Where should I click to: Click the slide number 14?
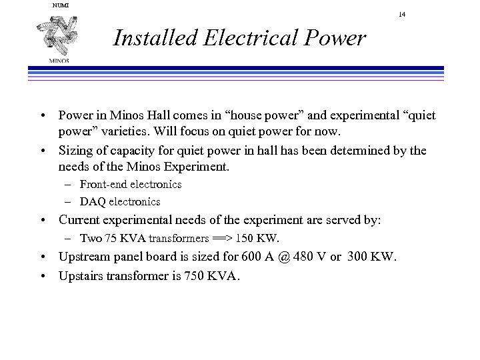402,14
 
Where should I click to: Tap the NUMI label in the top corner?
60,5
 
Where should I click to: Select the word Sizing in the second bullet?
75,150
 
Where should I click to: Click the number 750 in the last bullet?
197,275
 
